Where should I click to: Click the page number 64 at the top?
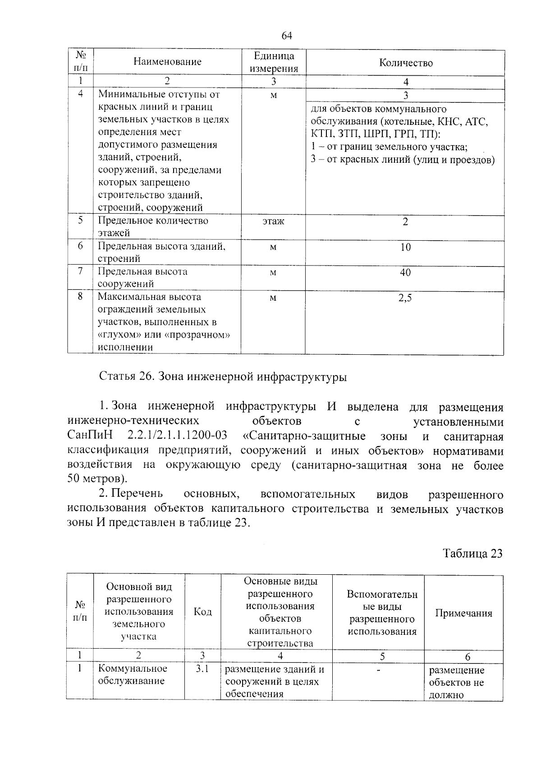[287, 36]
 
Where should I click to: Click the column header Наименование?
[167, 62]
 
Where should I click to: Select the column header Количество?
[405, 63]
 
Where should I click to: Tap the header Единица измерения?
[274, 62]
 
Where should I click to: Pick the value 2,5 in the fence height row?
[405, 298]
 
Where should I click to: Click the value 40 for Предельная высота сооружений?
[405, 272]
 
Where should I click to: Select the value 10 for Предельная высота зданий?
[405, 247]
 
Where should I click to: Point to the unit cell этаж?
[273, 222]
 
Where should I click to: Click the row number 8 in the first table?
[80, 297]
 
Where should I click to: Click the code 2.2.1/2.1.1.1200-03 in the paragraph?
[177, 436]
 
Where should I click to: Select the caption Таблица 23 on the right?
[472, 554]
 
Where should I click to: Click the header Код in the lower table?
[202, 612]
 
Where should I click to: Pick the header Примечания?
[463, 613]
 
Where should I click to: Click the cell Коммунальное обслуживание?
[132, 675]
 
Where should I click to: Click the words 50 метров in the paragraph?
[94, 479]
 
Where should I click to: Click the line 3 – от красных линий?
[402, 160]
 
